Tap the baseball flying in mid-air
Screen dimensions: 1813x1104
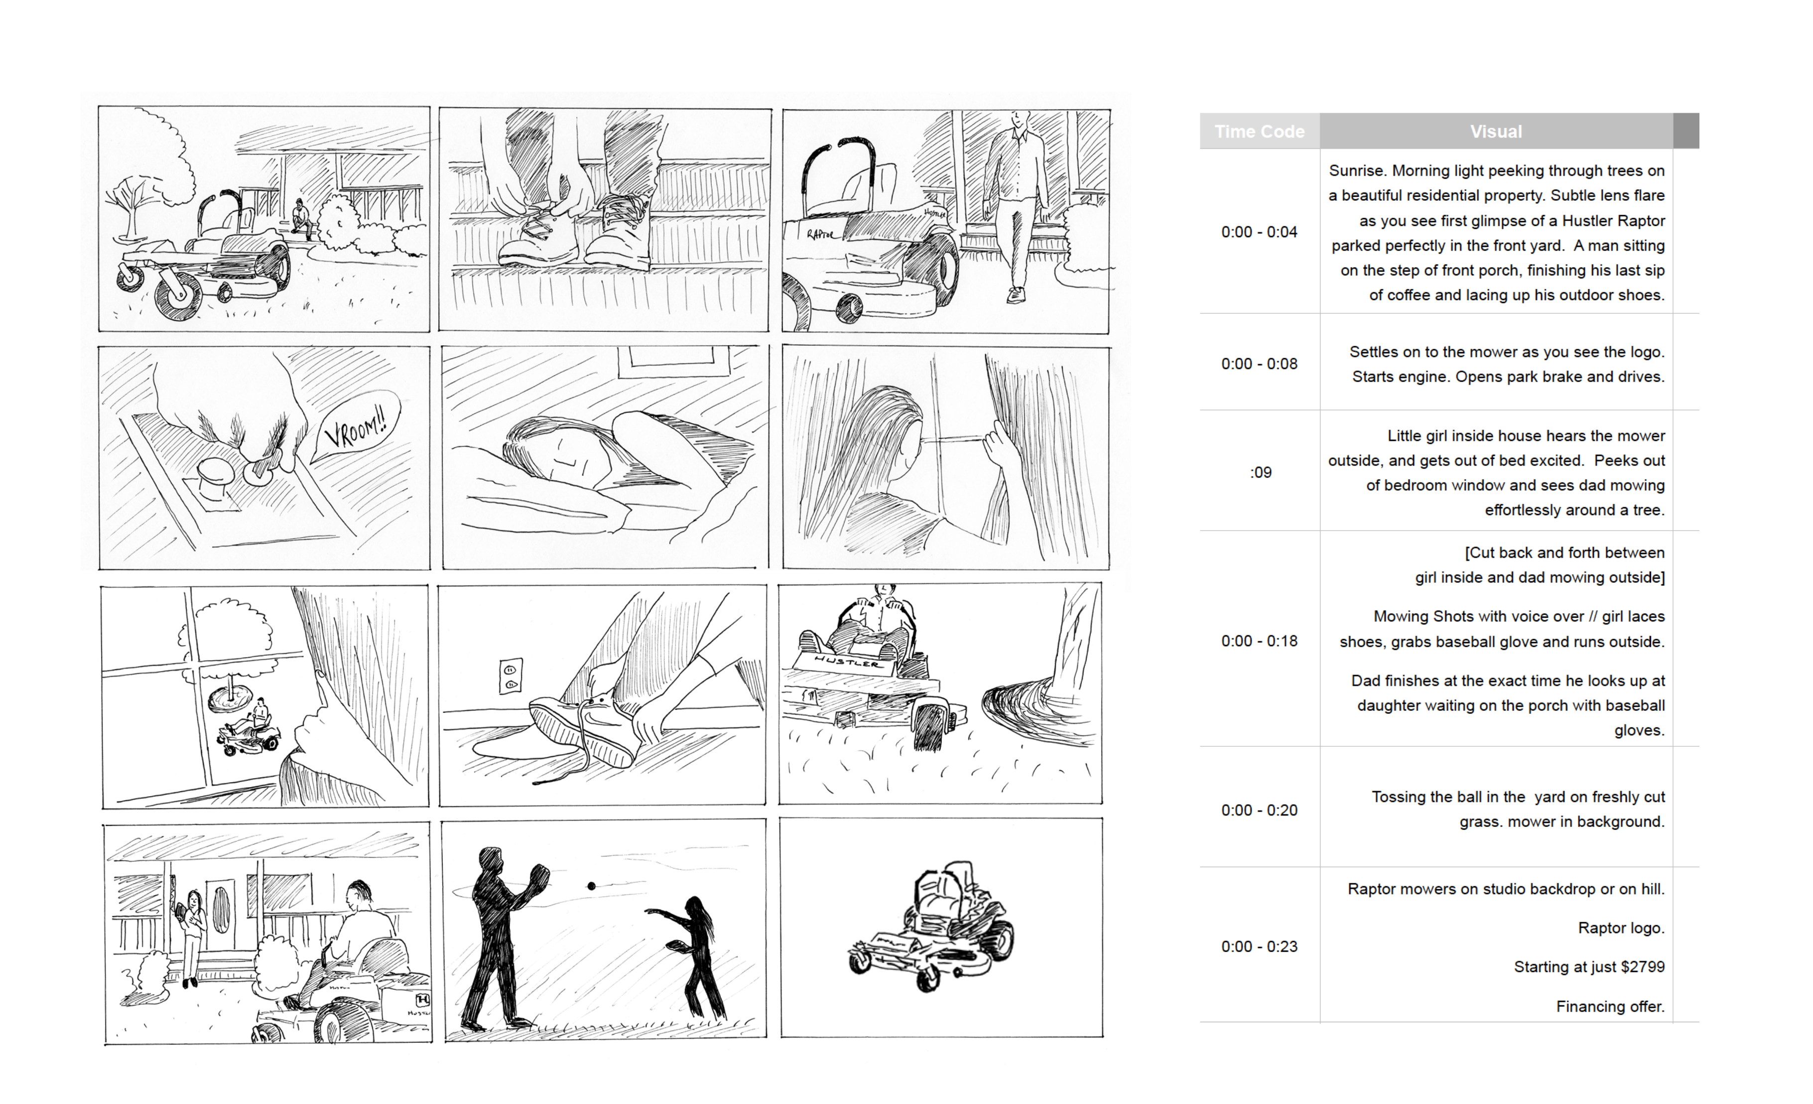click(x=592, y=886)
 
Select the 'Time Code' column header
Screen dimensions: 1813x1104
click(x=1259, y=132)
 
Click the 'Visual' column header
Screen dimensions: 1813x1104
click(x=1496, y=132)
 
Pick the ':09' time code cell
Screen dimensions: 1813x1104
click(x=1261, y=472)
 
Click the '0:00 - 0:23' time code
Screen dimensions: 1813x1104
click(x=1259, y=947)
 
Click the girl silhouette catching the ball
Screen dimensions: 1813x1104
click(x=692, y=958)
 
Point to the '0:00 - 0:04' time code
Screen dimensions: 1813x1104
click(x=1259, y=232)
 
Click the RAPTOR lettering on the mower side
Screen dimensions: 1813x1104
click(x=820, y=235)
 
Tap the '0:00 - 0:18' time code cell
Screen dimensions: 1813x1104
click(x=1259, y=641)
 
